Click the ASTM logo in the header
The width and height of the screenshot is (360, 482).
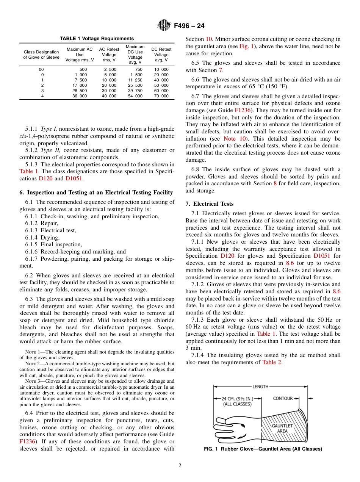pyautogui.click(x=164, y=26)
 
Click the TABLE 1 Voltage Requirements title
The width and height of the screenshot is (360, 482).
pyautogui.click(x=97, y=39)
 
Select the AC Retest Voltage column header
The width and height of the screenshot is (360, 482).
pyautogui.click(x=109, y=55)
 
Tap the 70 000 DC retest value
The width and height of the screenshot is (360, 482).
pyautogui.click(x=161, y=96)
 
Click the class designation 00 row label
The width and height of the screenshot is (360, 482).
pyautogui.click(x=41, y=69)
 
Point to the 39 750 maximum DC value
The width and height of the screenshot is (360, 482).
pyautogui.click(x=135, y=91)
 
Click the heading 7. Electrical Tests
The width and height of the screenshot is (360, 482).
pyautogui.click(x=210, y=204)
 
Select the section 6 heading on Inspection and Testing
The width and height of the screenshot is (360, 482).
pyautogui.click(x=96, y=192)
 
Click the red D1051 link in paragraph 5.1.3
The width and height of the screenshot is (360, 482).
pyautogui.click(x=74, y=178)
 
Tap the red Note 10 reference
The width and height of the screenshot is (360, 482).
pyautogui.click(x=235, y=139)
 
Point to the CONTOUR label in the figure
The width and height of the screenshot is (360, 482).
pyautogui.click(x=283, y=399)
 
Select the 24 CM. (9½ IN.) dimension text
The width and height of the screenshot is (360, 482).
pyautogui.click(x=238, y=399)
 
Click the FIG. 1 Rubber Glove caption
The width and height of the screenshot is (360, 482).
pyautogui.click(x=263, y=449)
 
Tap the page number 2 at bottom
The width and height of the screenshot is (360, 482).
pyautogui.click(x=180, y=466)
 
